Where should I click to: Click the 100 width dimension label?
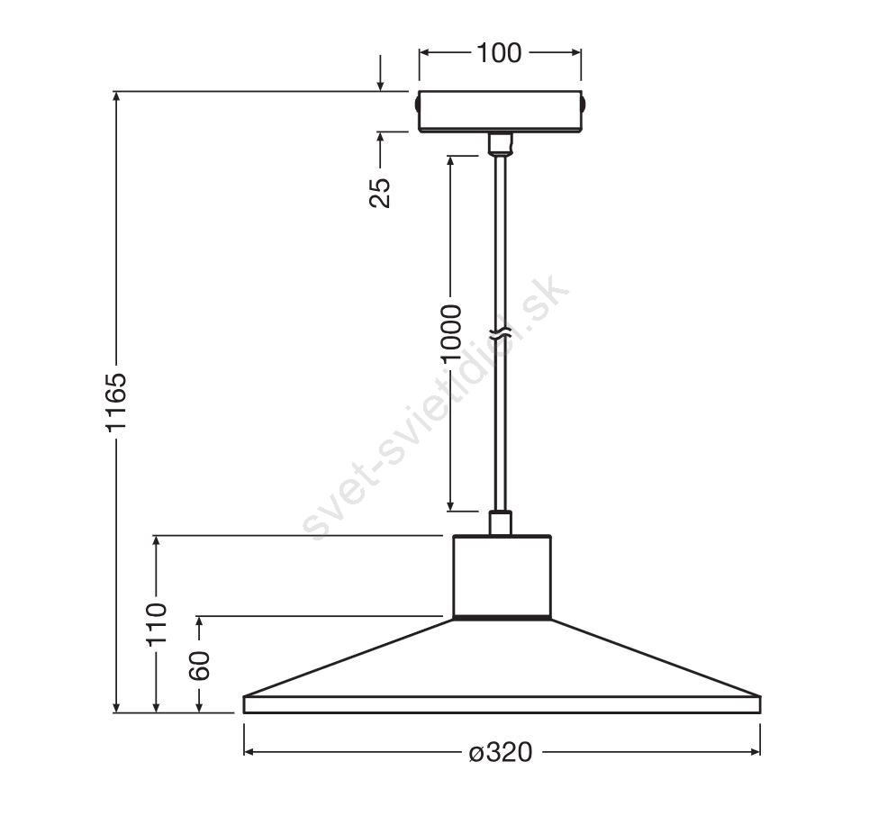[499, 52]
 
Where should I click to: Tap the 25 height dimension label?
[380, 193]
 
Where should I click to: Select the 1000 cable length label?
[450, 332]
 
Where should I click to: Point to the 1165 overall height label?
[116, 402]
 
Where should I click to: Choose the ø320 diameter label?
[501, 752]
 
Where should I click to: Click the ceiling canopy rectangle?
[500, 112]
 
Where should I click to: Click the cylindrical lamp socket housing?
[502, 576]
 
